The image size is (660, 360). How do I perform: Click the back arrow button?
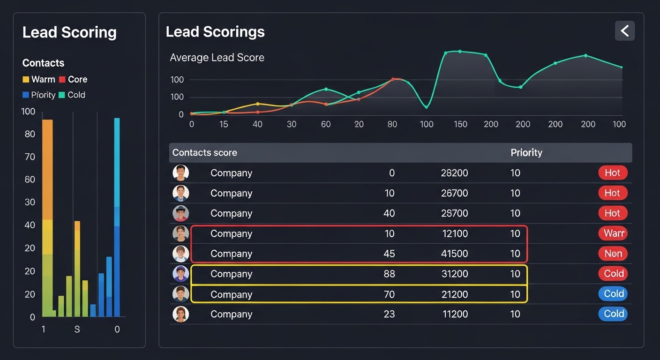tap(624, 31)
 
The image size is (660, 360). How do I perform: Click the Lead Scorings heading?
tap(215, 32)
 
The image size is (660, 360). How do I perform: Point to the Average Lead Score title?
tap(217, 58)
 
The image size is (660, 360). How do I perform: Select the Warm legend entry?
tap(39, 80)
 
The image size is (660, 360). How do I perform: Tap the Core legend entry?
tap(73, 80)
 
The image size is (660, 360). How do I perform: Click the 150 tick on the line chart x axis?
tap(460, 124)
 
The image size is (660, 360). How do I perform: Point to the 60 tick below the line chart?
tap(326, 124)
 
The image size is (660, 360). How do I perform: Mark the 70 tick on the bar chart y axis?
tap(30, 157)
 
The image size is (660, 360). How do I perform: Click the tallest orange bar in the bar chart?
tap(47, 169)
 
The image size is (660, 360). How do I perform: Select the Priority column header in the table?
tap(526, 153)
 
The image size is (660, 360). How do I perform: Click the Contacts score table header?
tap(204, 153)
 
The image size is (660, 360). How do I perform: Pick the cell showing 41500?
tap(454, 254)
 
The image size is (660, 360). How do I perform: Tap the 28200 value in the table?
tap(454, 173)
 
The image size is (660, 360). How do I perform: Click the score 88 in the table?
tap(389, 274)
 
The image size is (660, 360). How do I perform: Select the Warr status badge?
tap(613, 233)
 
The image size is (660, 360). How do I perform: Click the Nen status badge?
tap(613, 254)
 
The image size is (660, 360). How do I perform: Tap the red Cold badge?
tap(613, 274)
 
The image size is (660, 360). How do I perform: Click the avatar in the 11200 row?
tap(180, 314)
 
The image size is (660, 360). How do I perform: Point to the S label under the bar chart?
tap(77, 330)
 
